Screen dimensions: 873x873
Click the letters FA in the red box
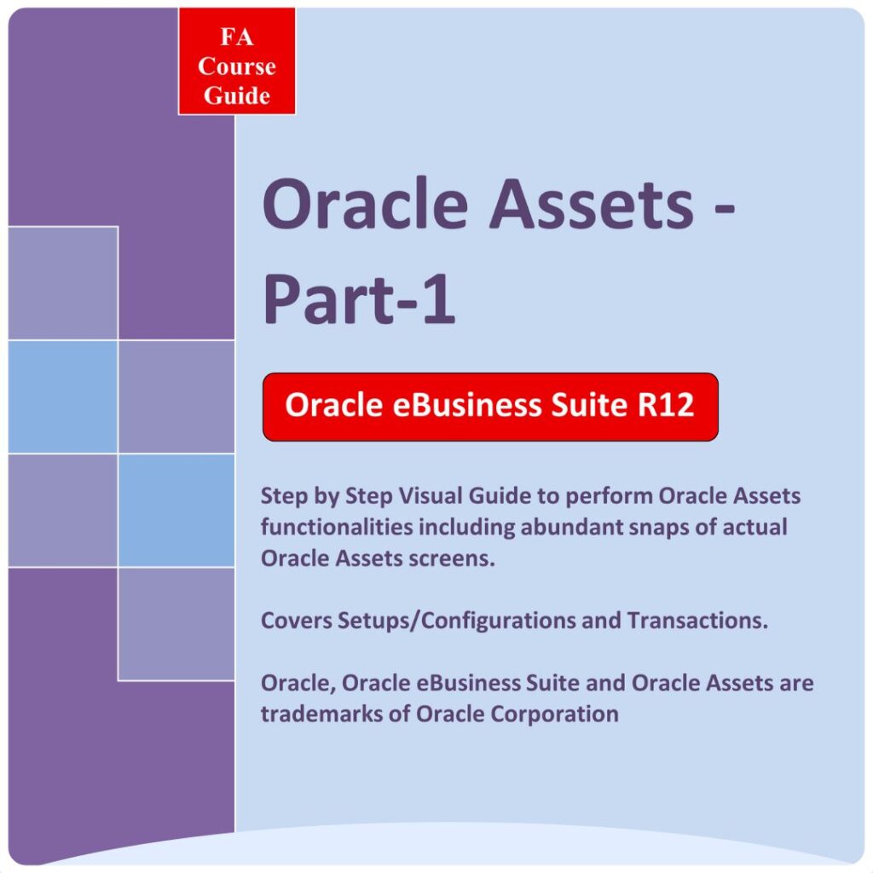tap(237, 38)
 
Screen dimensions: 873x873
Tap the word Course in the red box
tap(237, 66)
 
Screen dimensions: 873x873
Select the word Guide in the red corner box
tap(237, 95)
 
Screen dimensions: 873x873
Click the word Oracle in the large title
tap(365, 203)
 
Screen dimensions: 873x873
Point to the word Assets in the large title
tap(592, 203)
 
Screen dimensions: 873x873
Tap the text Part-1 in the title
tap(359, 298)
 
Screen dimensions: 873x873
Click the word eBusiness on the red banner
tap(467, 404)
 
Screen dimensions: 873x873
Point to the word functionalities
tap(336, 527)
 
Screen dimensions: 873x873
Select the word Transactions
tap(697, 621)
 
